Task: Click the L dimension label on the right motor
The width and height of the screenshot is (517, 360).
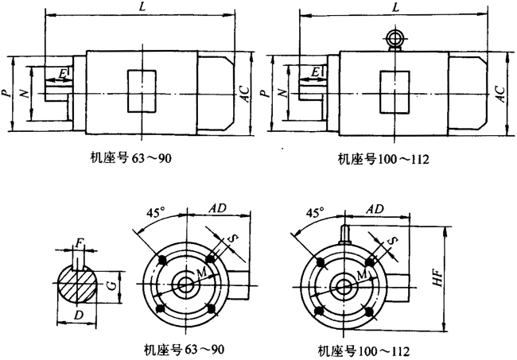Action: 395,6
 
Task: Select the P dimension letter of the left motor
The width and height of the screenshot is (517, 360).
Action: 6,94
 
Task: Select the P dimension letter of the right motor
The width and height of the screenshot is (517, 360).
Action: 264,94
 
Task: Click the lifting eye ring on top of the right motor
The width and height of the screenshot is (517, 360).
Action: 395,38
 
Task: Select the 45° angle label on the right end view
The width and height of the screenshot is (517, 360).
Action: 314,212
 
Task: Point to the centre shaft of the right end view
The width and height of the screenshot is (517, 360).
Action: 344,283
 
